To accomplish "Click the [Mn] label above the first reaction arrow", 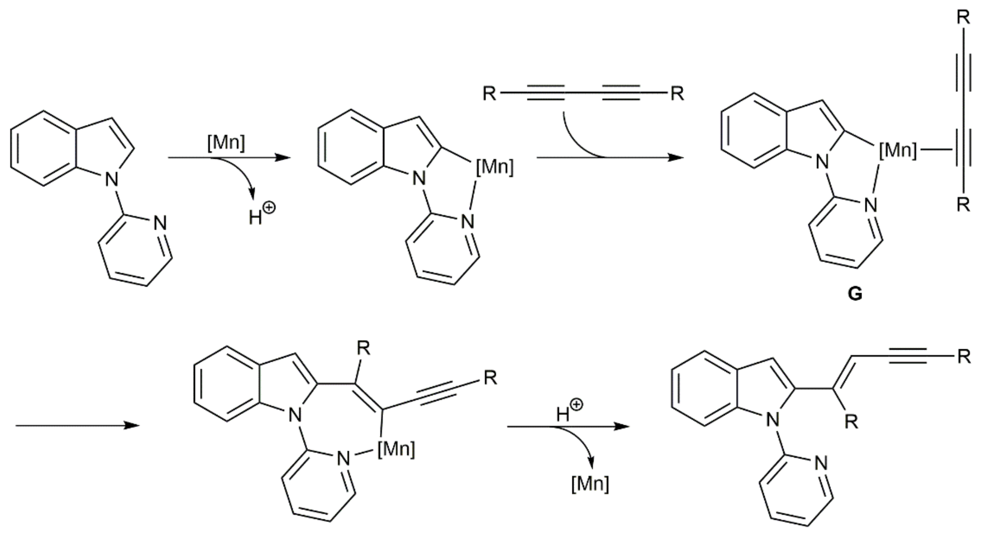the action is click(226, 143).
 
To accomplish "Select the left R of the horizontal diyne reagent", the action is click(489, 93).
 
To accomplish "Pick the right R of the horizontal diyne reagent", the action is click(677, 93).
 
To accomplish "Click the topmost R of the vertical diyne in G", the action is click(963, 18).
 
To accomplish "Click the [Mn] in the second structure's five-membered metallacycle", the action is click(495, 167).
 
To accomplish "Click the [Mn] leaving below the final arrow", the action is click(591, 484).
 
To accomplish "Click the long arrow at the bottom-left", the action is click(77, 426).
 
